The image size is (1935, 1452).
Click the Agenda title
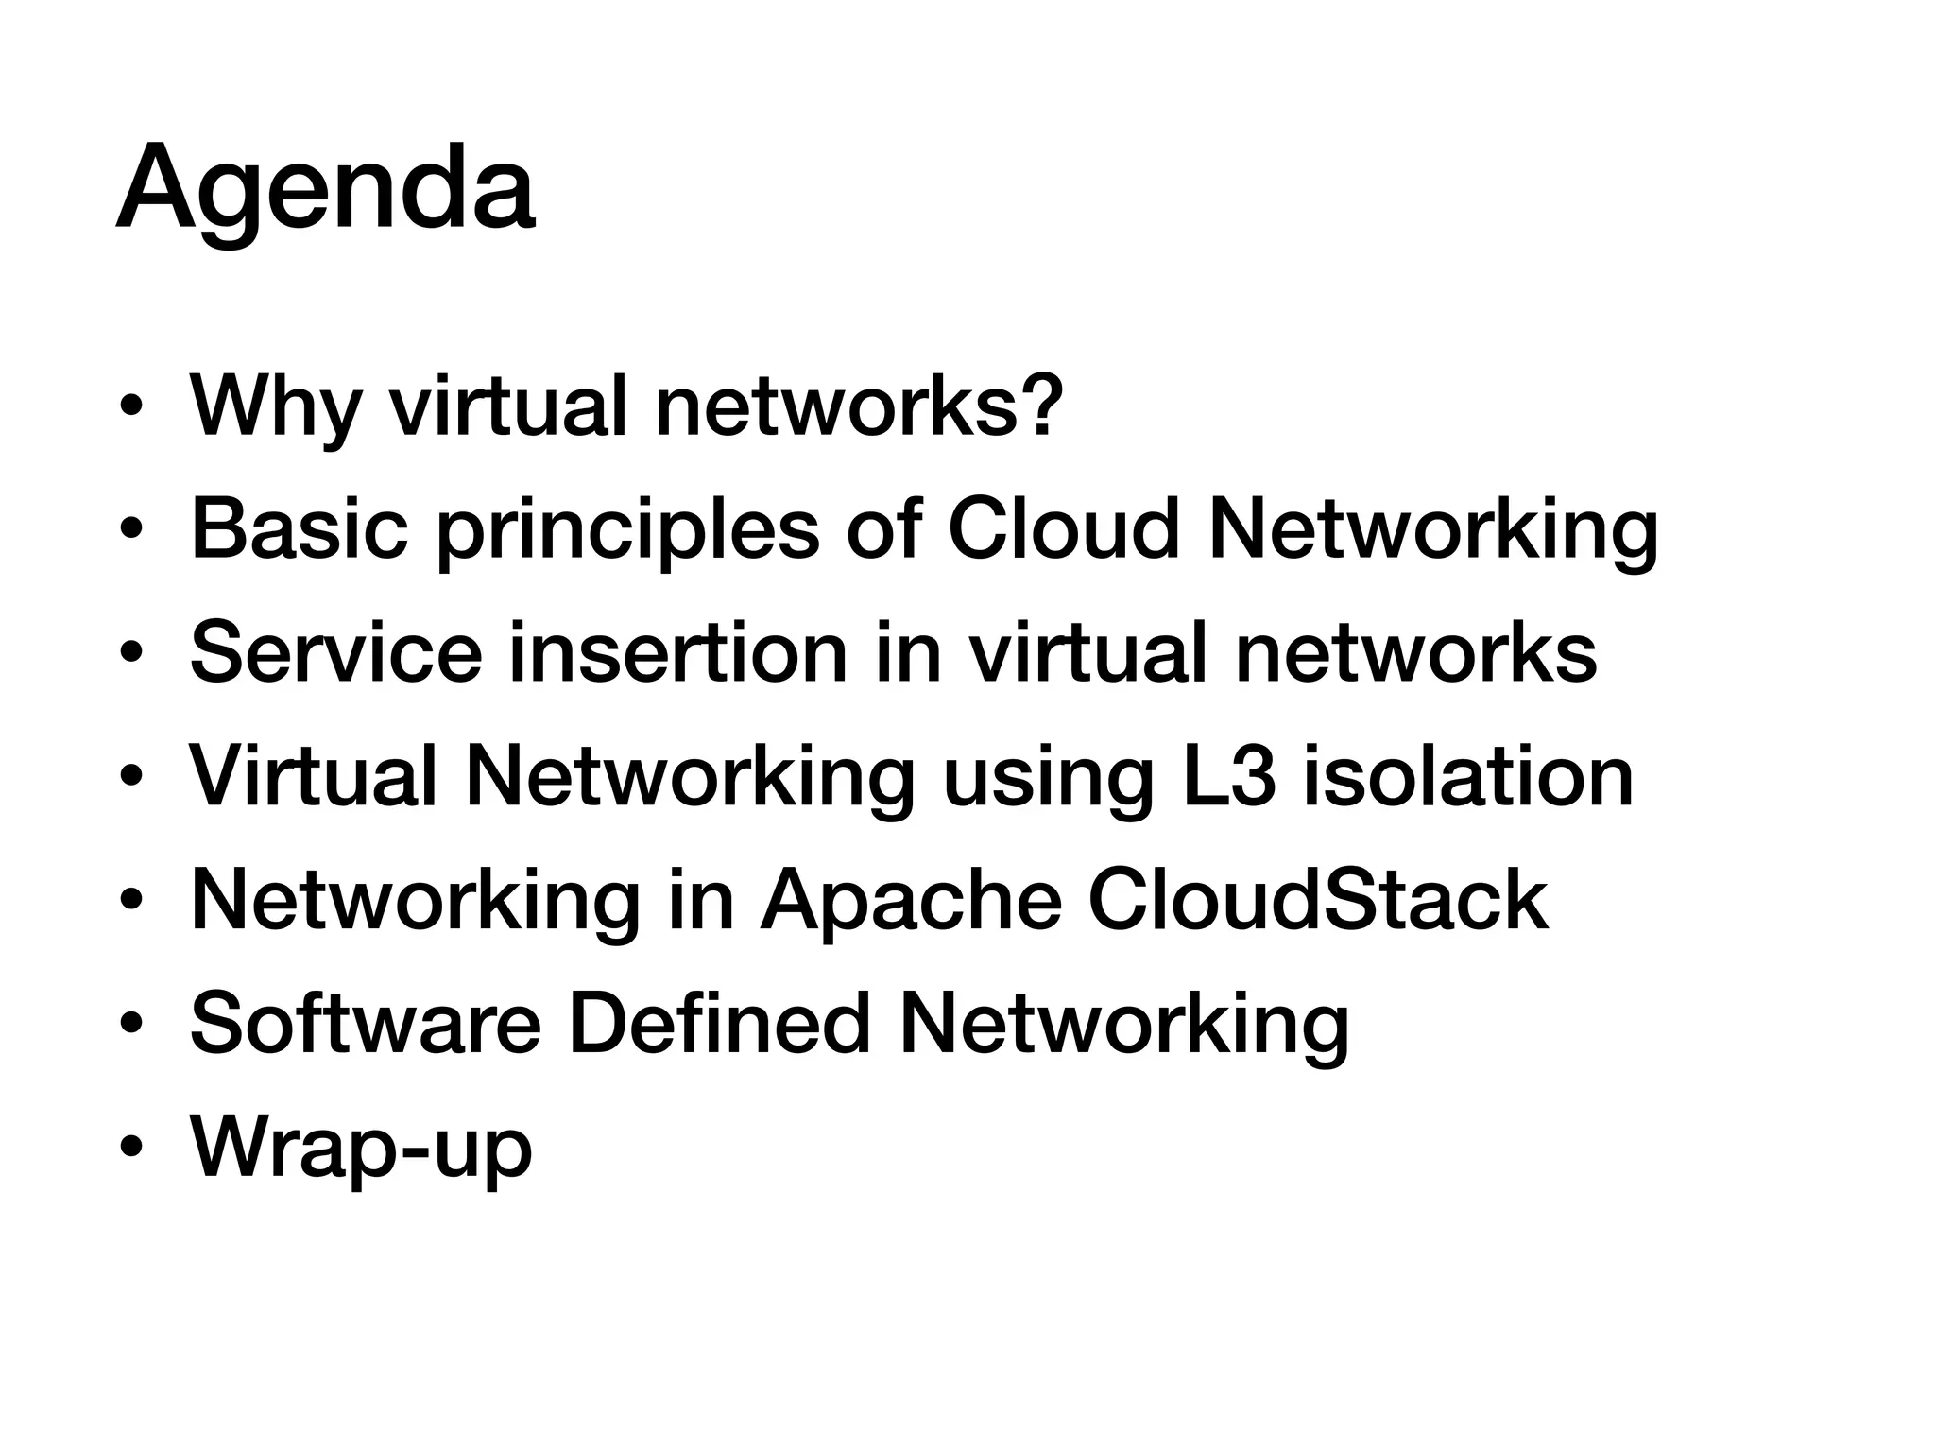(x=325, y=189)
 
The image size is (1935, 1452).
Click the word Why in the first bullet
(x=275, y=407)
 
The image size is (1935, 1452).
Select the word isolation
(x=1468, y=776)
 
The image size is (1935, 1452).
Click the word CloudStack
(x=1318, y=900)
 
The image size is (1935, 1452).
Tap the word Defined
(x=718, y=1024)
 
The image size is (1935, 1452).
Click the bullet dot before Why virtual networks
(x=131, y=406)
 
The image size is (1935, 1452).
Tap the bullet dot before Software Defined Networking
(x=131, y=1025)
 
